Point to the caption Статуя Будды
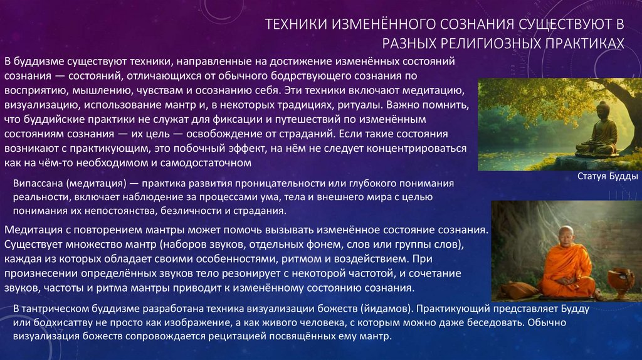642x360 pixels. point(604,177)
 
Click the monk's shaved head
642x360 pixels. point(566,232)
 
